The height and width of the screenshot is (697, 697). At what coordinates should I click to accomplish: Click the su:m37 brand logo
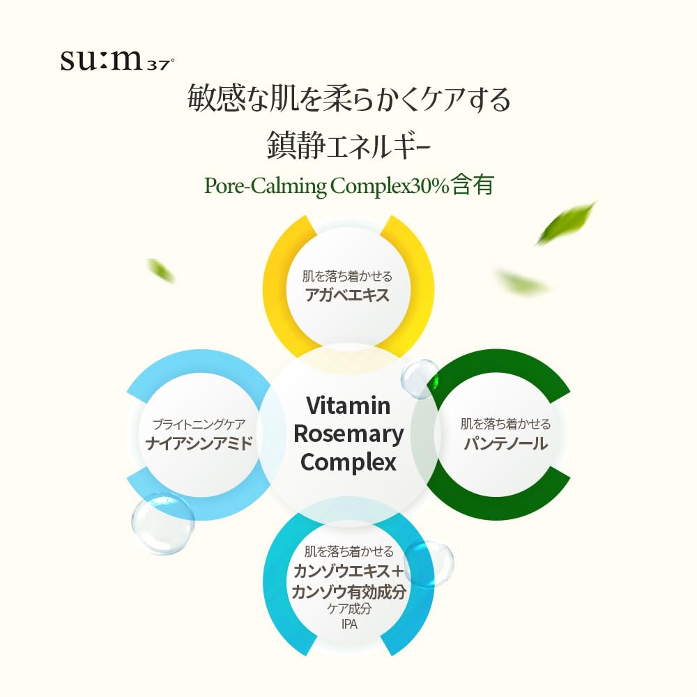[x=116, y=61]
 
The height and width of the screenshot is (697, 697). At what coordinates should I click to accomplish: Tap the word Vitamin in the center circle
[x=348, y=406]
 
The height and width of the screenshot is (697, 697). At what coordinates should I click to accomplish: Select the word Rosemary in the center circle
[x=348, y=434]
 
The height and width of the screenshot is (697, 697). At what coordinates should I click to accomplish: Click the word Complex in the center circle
[x=348, y=461]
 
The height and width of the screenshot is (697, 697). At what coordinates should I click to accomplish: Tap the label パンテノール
[x=505, y=443]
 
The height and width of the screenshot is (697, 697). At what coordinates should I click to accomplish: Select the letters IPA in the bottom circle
[x=348, y=624]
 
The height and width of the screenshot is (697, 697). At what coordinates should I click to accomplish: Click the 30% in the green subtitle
[x=428, y=186]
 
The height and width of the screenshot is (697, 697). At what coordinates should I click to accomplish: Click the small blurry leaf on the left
[x=161, y=270]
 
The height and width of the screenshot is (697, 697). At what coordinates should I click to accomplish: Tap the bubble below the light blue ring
[x=162, y=523]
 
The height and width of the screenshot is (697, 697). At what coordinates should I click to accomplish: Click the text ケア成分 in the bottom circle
[x=348, y=609]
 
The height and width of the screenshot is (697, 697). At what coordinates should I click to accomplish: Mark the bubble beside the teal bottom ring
[x=429, y=562]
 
